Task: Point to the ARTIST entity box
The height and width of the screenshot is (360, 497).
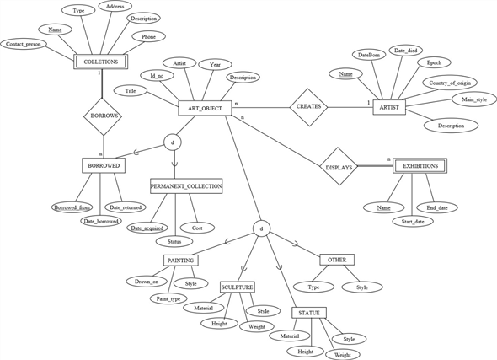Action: pos(389,108)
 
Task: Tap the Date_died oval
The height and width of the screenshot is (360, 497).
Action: pos(407,51)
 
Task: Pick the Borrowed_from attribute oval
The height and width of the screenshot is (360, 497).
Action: pos(72,207)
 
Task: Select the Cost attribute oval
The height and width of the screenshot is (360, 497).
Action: pos(197,228)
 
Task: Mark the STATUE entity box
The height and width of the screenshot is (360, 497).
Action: pos(309,313)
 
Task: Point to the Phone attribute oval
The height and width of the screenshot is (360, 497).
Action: pos(147,37)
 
